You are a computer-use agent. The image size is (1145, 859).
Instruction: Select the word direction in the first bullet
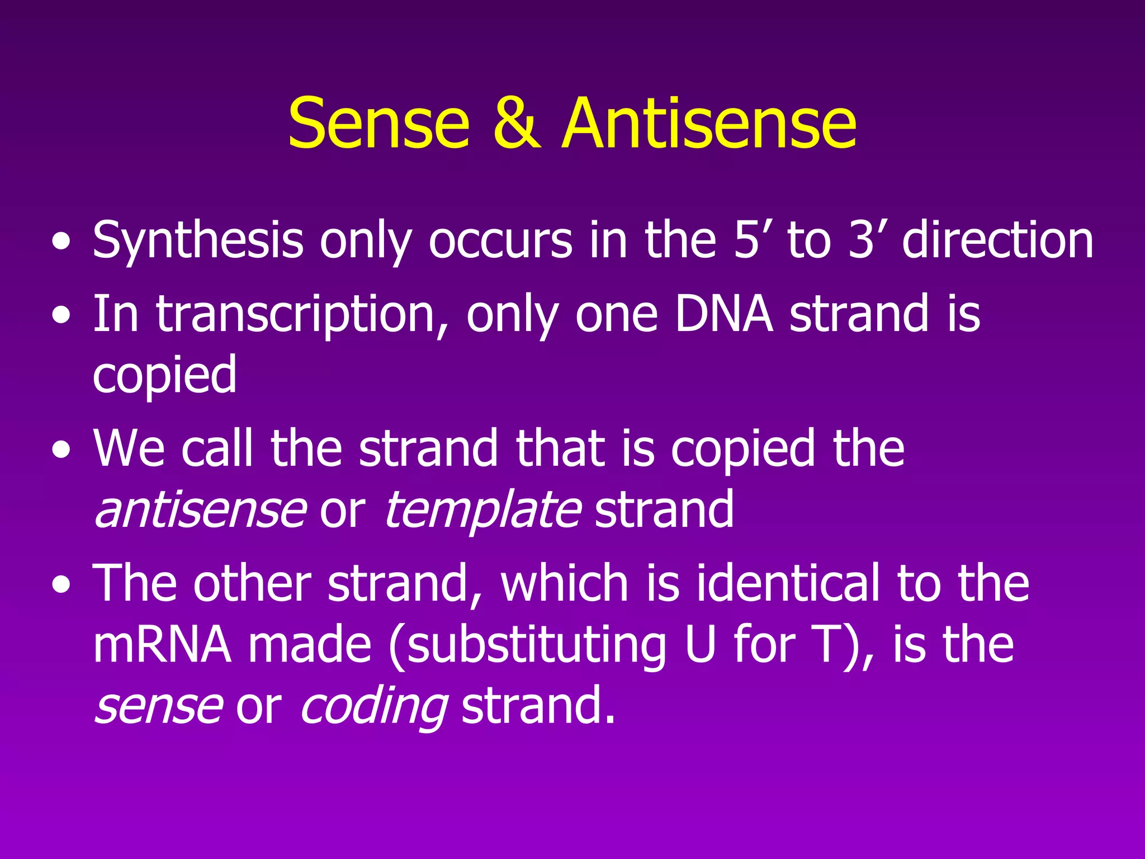(998, 240)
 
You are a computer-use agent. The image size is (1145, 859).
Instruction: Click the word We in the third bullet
(129, 449)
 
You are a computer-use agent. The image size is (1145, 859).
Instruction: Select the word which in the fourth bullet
(565, 583)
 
